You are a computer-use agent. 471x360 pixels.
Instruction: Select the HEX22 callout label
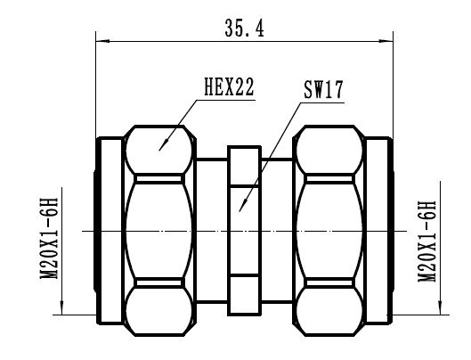(x=229, y=86)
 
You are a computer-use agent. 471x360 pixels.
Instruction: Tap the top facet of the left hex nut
(x=160, y=150)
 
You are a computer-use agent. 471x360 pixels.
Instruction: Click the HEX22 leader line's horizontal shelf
(x=228, y=98)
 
